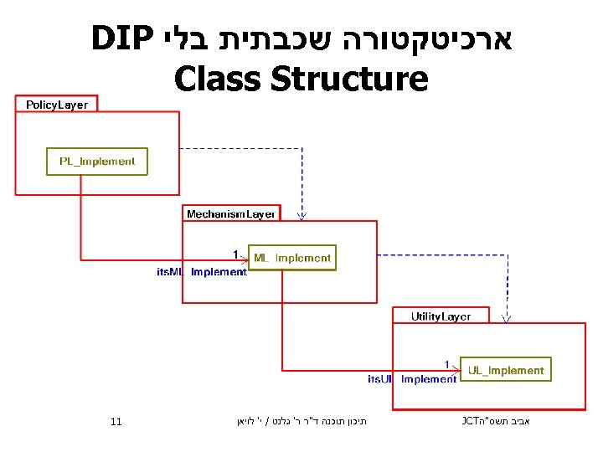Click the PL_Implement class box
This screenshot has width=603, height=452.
(x=96, y=162)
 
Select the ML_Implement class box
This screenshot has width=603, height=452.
(x=291, y=258)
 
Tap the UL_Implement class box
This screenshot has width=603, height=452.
(x=505, y=370)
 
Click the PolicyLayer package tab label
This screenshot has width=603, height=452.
(x=56, y=105)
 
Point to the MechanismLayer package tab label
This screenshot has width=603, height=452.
(x=231, y=213)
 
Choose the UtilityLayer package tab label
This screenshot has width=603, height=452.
(x=440, y=316)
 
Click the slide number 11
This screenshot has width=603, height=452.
(x=116, y=421)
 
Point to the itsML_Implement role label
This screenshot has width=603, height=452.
(x=202, y=272)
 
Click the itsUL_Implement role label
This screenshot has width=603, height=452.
(x=412, y=379)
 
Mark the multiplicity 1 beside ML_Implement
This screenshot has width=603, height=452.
(x=236, y=253)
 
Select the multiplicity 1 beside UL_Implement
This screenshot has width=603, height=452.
(x=448, y=364)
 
